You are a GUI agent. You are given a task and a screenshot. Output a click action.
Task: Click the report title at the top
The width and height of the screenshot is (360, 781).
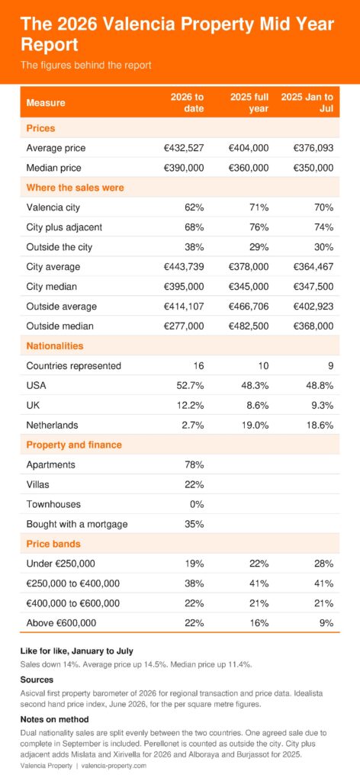click(x=177, y=34)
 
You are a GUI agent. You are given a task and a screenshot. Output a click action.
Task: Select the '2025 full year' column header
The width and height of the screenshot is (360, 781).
click(x=249, y=102)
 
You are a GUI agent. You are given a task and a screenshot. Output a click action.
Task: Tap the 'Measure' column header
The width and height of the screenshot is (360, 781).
click(x=46, y=103)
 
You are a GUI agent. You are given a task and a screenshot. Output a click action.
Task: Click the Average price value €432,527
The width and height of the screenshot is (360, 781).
click(x=184, y=148)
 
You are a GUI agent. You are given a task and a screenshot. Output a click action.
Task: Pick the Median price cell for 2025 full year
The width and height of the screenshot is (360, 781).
click(x=249, y=168)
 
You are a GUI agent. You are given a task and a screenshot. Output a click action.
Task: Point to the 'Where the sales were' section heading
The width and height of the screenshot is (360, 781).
click(x=76, y=188)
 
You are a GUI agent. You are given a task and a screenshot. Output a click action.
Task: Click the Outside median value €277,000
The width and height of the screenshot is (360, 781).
click(x=184, y=326)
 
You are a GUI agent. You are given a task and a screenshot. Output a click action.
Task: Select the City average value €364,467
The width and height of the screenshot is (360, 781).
click(x=313, y=267)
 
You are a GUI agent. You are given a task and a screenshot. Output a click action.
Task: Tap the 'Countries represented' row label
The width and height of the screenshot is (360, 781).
click(x=74, y=366)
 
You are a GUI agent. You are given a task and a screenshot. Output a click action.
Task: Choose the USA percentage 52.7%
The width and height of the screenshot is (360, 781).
click(x=191, y=385)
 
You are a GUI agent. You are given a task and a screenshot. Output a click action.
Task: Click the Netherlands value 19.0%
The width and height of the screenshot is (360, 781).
click(x=256, y=426)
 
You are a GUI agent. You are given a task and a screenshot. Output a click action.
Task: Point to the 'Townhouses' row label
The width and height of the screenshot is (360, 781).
click(x=53, y=504)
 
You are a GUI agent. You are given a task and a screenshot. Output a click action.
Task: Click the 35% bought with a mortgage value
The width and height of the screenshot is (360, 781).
click(x=194, y=524)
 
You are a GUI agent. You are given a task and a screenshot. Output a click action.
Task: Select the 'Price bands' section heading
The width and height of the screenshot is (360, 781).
click(x=53, y=544)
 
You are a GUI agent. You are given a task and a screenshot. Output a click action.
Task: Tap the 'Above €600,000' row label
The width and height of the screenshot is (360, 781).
click(x=61, y=623)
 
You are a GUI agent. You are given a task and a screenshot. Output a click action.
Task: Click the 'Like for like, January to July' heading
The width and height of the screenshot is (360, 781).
click(x=77, y=651)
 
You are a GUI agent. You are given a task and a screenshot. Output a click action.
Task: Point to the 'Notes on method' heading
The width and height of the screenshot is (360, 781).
click(x=55, y=719)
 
